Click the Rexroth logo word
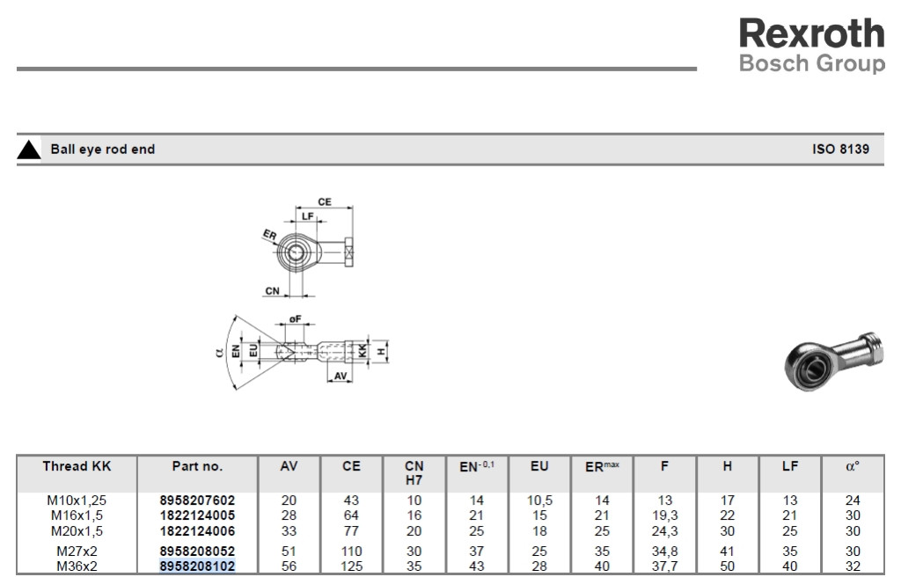click(811, 33)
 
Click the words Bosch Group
click(812, 63)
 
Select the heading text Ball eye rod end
click(103, 150)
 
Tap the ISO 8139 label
click(840, 150)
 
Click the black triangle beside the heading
click(29, 150)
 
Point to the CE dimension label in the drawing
click(325, 201)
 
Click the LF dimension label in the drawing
click(308, 216)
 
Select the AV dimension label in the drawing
click(341, 376)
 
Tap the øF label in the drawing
click(295, 319)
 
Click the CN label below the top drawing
click(273, 291)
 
